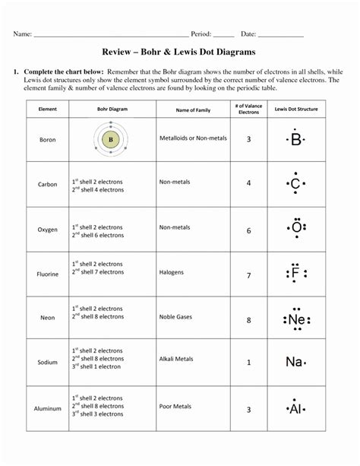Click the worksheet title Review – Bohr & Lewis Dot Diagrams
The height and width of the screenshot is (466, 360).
180,52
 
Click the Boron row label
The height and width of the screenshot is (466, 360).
48,140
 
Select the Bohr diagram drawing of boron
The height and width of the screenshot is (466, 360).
111,139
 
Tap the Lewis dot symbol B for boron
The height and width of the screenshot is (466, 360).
295,139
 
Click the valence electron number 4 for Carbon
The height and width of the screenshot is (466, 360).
248,183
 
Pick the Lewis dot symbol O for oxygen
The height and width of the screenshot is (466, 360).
295,228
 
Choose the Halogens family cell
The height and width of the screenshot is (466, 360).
172,271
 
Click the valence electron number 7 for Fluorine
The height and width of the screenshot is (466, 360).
248,275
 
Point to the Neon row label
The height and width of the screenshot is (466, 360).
48,319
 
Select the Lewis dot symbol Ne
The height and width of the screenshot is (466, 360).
296,319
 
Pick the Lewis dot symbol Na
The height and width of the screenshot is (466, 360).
295,362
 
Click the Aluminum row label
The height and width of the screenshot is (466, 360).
48,408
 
